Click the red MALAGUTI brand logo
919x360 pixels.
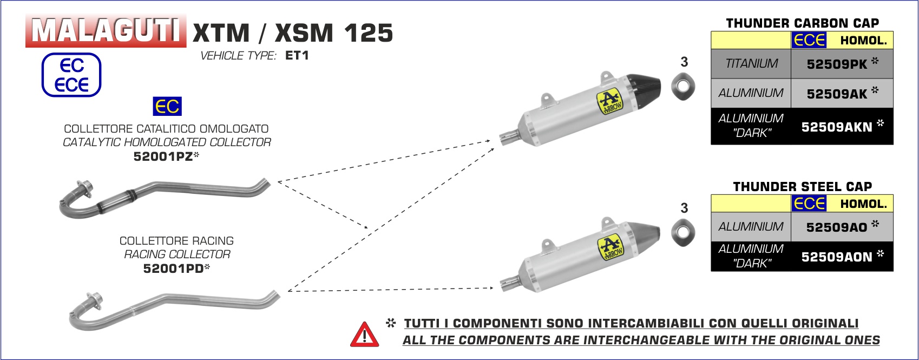pos(106,31)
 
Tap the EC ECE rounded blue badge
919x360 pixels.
pos(71,75)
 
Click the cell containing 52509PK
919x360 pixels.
pos(842,64)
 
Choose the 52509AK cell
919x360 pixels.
pos(842,93)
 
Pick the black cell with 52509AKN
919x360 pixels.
pos(842,126)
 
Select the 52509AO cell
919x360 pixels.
pos(842,227)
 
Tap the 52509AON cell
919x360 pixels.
pos(842,256)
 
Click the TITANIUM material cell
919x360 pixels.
pos(751,64)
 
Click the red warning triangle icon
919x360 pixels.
pos(364,335)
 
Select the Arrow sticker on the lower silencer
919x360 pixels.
pos(611,247)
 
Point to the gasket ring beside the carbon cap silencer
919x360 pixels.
pos(683,87)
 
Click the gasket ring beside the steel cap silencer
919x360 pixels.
pos(683,232)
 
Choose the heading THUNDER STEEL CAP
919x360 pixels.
pos(803,187)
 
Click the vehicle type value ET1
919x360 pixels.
pos(297,55)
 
